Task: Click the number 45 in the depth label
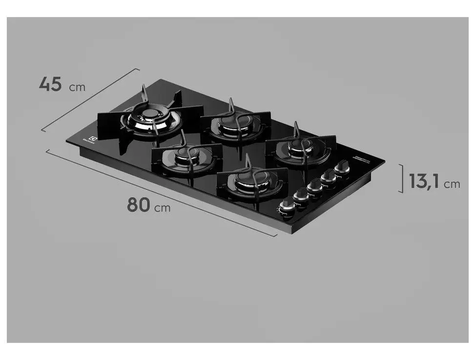point(50,84)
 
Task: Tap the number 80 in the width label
point(138,205)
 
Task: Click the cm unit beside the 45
point(77,87)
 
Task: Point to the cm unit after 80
point(163,208)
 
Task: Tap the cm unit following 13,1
point(452,184)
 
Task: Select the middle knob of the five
point(315,186)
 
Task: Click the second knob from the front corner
point(301,196)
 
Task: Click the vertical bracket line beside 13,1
point(402,178)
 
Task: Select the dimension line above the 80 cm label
point(161,192)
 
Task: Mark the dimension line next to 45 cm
point(90,100)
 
